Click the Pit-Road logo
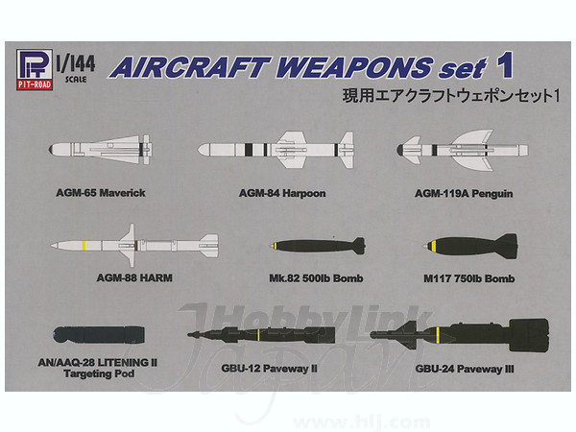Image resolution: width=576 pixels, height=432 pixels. pos(35,70)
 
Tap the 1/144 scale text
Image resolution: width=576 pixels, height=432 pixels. pos(76,69)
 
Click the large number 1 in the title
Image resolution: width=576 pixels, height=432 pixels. pos(504,65)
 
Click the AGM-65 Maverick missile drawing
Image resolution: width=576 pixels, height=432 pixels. pos(100,150)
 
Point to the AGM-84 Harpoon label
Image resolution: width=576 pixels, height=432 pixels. pos(282,193)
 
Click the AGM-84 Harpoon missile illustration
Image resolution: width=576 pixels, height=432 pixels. pos(276,150)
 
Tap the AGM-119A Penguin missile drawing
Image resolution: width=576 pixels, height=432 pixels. pos(462,150)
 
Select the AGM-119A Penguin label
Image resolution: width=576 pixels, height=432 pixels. pos(464,194)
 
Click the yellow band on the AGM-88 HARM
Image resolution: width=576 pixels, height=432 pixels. pos(84,246)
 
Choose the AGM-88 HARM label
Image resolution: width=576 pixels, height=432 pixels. pos(134,277)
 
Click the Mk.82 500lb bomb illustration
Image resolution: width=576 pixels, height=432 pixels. pos(317,246)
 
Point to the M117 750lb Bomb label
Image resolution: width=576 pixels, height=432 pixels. pos(468,278)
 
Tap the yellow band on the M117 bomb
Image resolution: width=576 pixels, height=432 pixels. pos(434,246)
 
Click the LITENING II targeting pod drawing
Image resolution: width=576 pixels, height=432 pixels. pos(99,335)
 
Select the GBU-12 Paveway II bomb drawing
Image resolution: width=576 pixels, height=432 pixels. pos(261,335)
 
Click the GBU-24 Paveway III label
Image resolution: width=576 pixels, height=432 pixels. pos(465,369)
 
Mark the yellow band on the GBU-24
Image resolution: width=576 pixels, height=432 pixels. pos(438,334)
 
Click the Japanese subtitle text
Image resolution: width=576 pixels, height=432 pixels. pos(451,96)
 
